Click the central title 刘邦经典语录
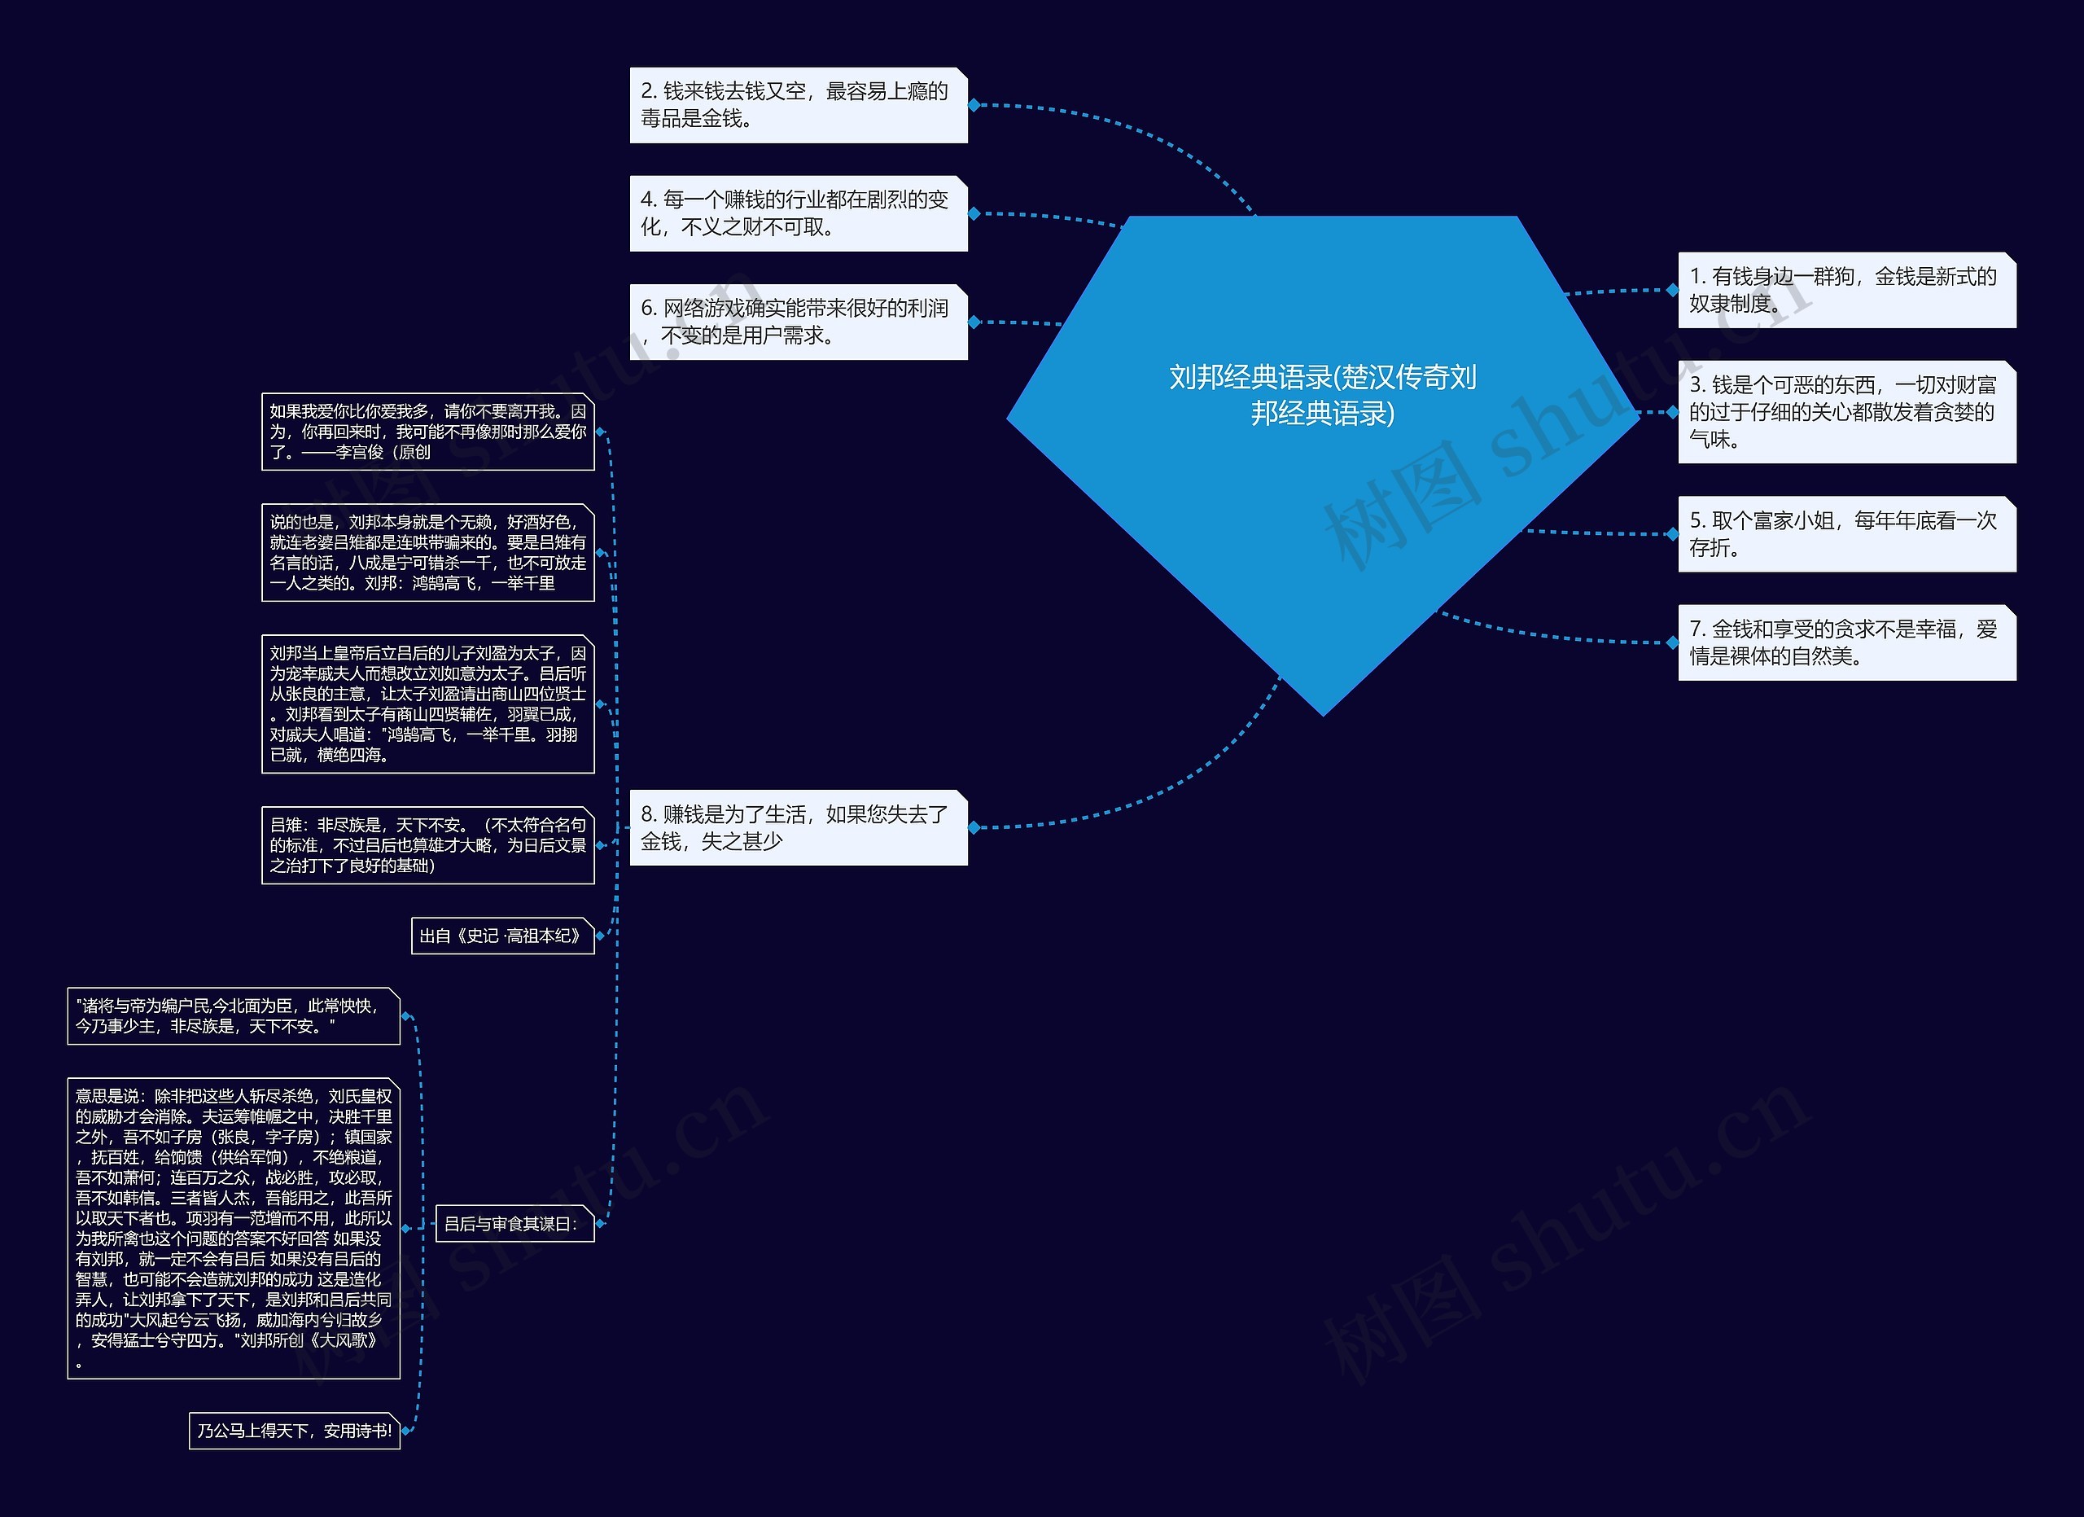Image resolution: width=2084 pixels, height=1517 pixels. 1322,395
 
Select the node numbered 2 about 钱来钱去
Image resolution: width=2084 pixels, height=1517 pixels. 798,105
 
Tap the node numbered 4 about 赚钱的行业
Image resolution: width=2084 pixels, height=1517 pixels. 798,213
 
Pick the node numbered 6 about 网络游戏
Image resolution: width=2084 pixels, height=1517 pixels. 798,322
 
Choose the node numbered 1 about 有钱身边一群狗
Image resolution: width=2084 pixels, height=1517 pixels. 1846,291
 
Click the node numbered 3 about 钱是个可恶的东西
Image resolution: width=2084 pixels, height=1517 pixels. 1846,412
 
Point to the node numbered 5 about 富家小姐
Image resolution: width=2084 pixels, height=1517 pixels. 1846,535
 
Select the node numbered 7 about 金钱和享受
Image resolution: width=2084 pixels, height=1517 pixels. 1846,643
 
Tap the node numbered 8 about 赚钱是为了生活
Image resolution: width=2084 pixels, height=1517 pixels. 798,828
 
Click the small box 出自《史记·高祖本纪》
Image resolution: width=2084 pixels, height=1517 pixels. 502,936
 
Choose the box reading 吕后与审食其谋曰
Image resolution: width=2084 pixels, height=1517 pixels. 514,1224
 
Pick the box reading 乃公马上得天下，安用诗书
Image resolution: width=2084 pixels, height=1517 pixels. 294,1431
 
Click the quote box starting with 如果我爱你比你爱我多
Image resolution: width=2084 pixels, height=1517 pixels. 427,432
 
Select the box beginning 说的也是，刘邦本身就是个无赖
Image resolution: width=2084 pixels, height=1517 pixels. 427,552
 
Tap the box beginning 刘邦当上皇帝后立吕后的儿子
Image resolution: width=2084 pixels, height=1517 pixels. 427,704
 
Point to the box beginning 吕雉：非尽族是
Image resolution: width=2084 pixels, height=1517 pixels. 427,845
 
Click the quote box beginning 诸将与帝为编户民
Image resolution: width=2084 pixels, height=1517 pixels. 234,1016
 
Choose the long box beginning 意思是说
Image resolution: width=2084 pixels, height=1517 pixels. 234,1229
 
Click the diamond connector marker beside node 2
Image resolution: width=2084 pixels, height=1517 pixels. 974,105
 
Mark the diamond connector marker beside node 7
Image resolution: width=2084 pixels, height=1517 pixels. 1672,643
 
